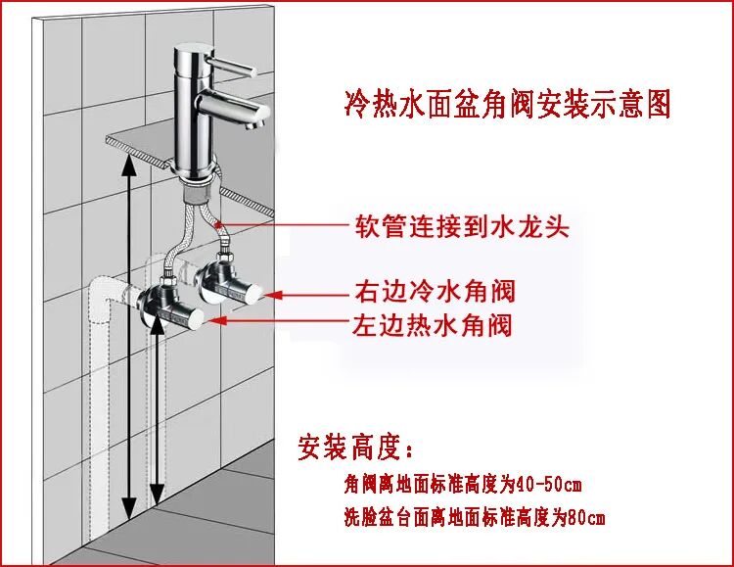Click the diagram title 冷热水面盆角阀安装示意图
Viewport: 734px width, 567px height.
tap(508, 103)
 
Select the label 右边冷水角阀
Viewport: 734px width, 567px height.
tap(433, 291)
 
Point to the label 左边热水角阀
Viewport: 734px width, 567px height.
tap(432, 323)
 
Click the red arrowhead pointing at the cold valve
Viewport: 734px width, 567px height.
tap(276, 293)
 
